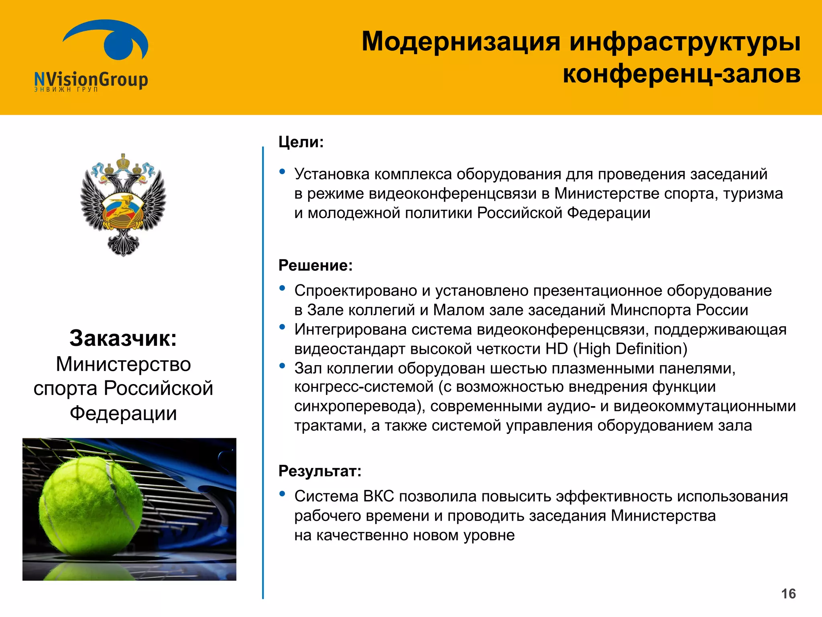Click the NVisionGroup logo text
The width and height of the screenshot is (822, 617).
(91, 79)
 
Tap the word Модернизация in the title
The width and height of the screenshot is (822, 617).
(461, 41)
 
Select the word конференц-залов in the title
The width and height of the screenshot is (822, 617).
(681, 74)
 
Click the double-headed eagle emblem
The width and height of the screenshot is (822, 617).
(123, 204)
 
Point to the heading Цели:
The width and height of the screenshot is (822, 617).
(301, 142)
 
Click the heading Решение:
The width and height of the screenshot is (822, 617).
(315, 266)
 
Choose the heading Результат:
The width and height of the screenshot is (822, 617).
(320, 471)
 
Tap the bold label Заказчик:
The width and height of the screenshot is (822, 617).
(123, 338)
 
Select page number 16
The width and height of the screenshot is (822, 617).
(788, 594)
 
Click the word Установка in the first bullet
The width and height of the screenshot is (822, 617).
(332, 174)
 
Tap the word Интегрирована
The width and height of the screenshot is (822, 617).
(350, 330)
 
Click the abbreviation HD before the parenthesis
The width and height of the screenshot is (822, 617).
(557, 349)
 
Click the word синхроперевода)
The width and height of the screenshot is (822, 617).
(360, 407)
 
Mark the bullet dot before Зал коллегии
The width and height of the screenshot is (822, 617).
(282, 366)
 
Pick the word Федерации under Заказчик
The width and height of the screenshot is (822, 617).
(123, 413)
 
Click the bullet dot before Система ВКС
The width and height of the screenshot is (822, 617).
(282, 494)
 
